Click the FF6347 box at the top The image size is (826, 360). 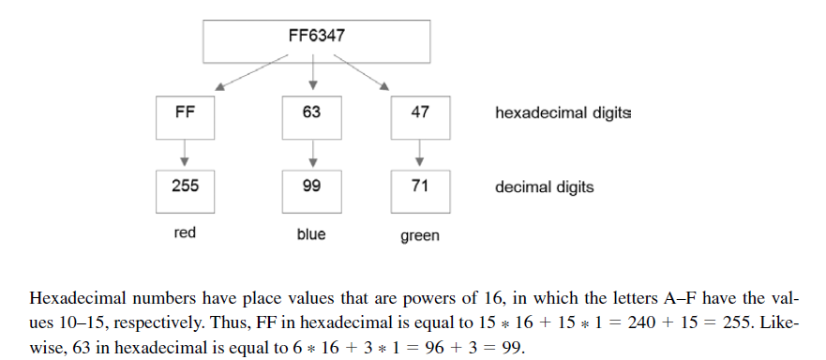[x=317, y=41]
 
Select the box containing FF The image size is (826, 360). [x=185, y=117]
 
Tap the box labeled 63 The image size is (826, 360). [x=311, y=117]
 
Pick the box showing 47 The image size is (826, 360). [x=420, y=117]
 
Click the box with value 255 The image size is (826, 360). [x=185, y=192]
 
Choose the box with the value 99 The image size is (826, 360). [x=311, y=192]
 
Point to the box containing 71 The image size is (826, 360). [x=420, y=192]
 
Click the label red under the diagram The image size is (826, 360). [x=185, y=232]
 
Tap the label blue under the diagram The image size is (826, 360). [x=311, y=234]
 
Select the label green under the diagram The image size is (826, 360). [x=420, y=235]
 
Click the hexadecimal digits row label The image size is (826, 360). [x=563, y=113]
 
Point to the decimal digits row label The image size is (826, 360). [x=544, y=187]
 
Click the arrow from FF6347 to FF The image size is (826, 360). [x=252, y=72]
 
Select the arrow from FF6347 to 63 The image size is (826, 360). [x=313, y=71]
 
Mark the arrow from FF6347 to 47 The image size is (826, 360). [x=361, y=72]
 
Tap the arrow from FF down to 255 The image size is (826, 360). [x=185, y=153]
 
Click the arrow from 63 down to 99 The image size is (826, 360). [x=313, y=153]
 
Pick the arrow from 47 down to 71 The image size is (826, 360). [x=419, y=153]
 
